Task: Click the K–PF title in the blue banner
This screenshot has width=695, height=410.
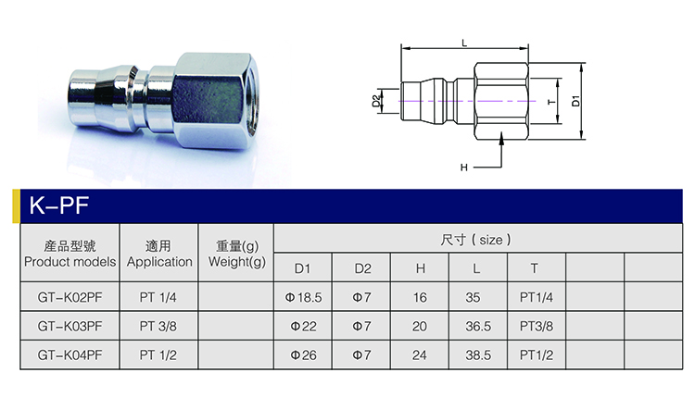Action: tap(59, 205)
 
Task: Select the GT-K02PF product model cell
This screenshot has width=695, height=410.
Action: tap(70, 297)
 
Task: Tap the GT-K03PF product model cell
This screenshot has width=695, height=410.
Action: tap(70, 327)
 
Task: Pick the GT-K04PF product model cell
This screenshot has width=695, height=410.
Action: tap(70, 355)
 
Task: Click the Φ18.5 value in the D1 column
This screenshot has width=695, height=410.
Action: tap(303, 297)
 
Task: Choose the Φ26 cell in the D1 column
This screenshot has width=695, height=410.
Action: tap(304, 355)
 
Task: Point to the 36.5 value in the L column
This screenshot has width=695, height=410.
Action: tap(478, 327)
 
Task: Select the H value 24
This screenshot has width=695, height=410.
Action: tap(419, 355)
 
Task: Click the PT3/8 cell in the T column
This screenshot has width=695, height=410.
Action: tap(537, 327)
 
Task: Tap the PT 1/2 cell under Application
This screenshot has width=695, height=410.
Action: tap(158, 355)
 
